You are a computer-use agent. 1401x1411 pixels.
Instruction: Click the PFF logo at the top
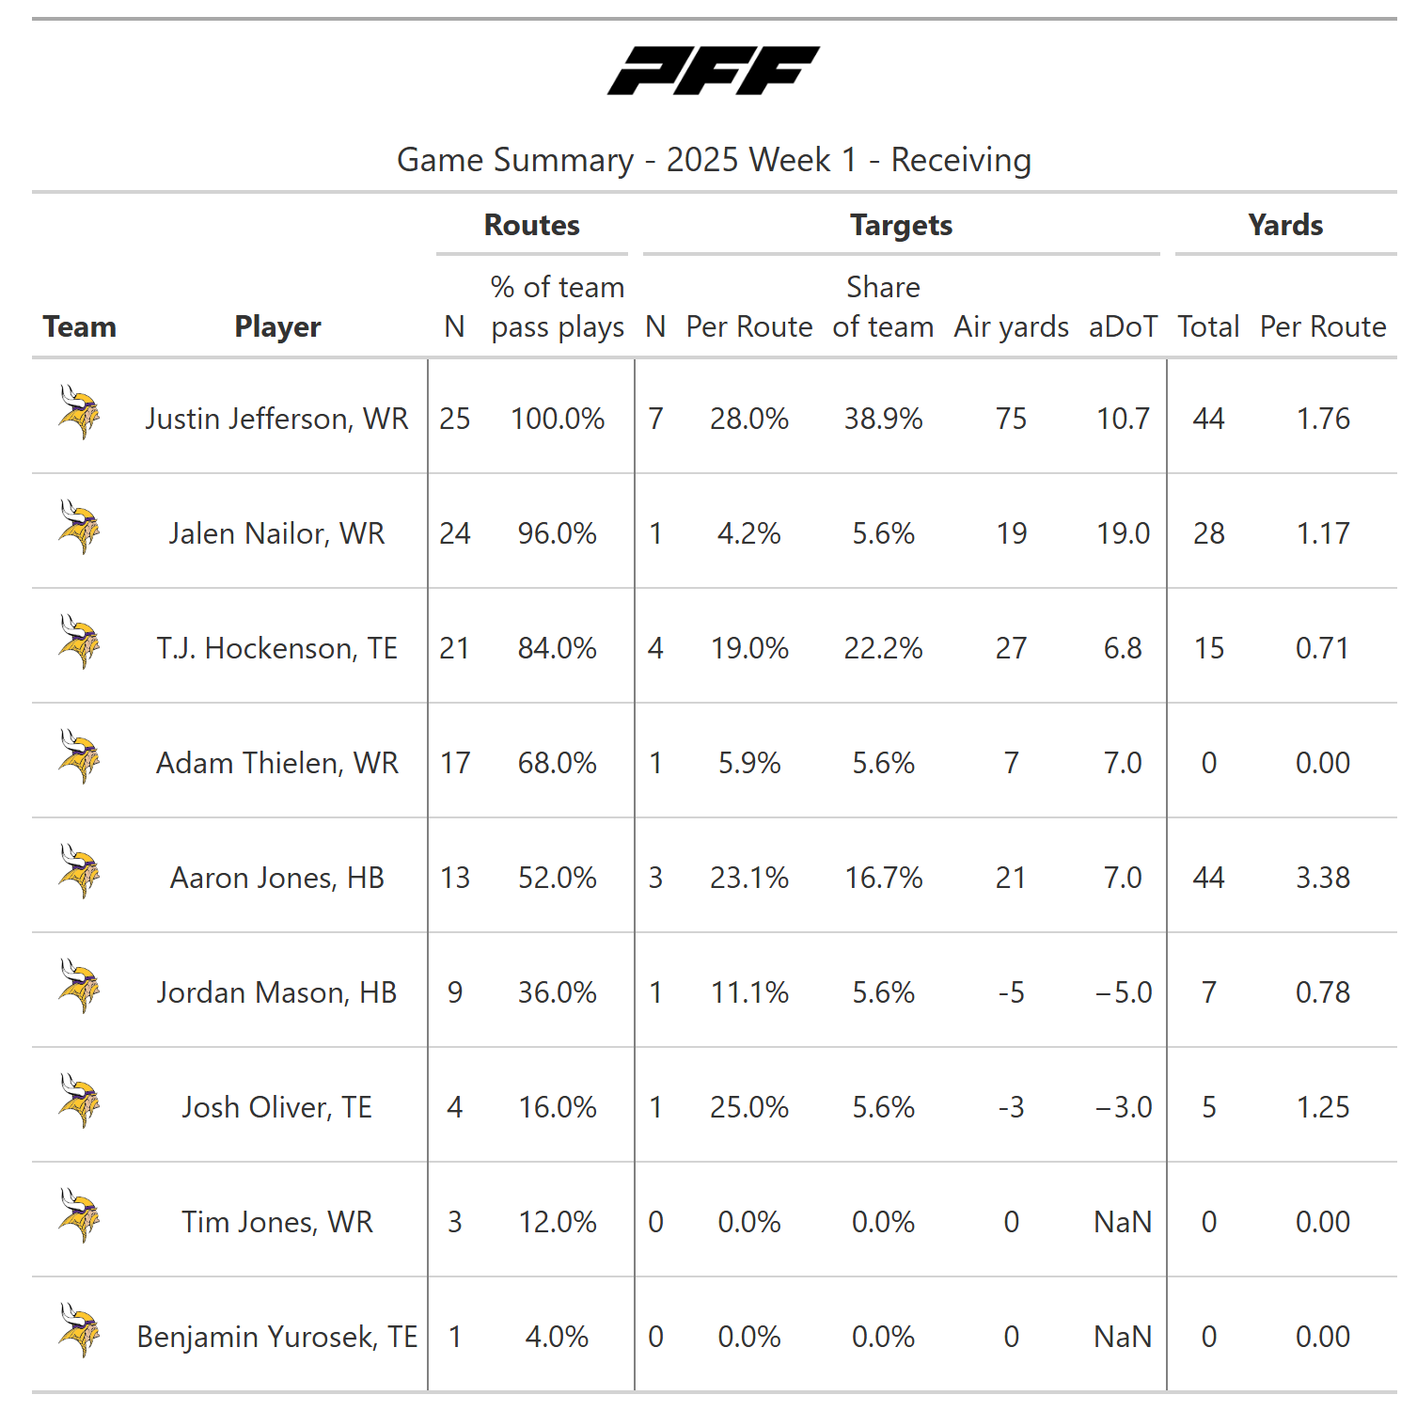coord(713,71)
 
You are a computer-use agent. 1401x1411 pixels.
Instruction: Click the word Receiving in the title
coord(960,160)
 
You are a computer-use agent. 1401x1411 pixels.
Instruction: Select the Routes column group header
coord(531,226)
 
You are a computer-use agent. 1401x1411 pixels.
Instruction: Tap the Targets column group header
coord(901,226)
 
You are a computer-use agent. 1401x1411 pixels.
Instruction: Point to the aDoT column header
coord(1123,326)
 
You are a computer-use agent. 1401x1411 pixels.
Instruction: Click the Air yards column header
coord(1011,326)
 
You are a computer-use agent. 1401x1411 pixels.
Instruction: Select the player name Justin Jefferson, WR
coord(276,419)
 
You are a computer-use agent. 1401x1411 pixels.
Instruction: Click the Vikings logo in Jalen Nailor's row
coord(79,528)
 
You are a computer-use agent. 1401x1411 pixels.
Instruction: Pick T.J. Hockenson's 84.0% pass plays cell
coord(557,648)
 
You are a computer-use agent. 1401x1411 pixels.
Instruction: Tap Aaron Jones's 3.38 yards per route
coord(1322,878)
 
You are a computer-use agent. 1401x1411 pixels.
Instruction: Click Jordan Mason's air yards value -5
coord(1011,992)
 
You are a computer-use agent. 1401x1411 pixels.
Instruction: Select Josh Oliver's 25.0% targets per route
coord(748,1107)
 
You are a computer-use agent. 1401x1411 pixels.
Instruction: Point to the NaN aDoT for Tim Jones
coord(1123,1222)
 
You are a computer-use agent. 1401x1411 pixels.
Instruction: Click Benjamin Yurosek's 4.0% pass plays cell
coord(557,1337)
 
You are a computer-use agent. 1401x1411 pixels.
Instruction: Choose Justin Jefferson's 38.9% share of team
coord(883,419)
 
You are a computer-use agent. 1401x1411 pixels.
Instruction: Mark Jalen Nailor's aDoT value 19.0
coord(1123,533)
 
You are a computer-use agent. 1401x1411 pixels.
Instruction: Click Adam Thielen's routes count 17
coord(455,763)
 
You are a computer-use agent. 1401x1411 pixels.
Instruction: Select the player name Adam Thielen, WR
coord(276,763)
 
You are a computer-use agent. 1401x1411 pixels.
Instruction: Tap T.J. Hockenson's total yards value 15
coord(1208,648)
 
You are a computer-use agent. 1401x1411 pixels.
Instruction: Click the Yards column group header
coord(1284,226)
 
